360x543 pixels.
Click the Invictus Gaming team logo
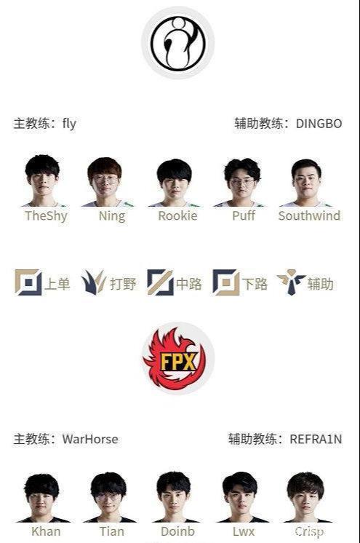[x=178, y=43]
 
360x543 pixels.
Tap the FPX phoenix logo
[x=178, y=358]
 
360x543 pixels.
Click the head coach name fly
[x=69, y=124]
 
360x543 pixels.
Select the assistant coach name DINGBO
[x=319, y=124]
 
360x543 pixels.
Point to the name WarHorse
[x=90, y=439]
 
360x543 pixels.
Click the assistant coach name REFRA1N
[x=316, y=439]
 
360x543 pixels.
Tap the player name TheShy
[x=46, y=215]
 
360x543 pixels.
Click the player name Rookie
[x=177, y=215]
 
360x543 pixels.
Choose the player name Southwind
[x=310, y=215]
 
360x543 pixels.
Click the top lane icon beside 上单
[x=28, y=282]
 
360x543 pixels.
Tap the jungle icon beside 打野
[x=94, y=282]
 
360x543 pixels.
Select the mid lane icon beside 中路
[x=160, y=282]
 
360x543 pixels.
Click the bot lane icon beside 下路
[x=226, y=282]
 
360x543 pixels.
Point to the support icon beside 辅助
[x=291, y=282]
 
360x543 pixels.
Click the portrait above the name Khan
[x=42, y=498]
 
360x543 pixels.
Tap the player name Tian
[x=112, y=531]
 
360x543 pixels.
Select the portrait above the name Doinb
[x=174, y=497]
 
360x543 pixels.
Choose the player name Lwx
[x=244, y=531]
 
